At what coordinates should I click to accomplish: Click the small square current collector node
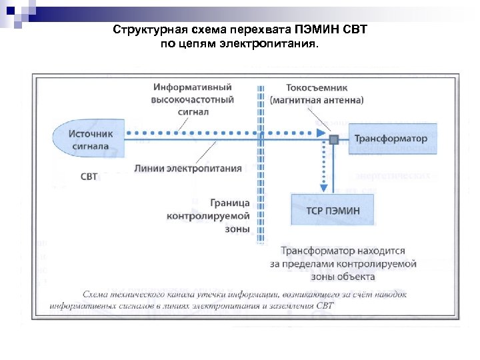[x=333, y=139]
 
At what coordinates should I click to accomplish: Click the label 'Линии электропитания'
[x=188, y=168]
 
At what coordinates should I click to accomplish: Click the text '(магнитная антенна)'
[x=317, y=100]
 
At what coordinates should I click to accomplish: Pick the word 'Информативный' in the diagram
[x=193, y=87]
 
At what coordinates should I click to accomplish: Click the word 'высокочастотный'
[x=193, y=100]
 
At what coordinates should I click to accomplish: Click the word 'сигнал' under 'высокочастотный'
[x=193, y=112]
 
